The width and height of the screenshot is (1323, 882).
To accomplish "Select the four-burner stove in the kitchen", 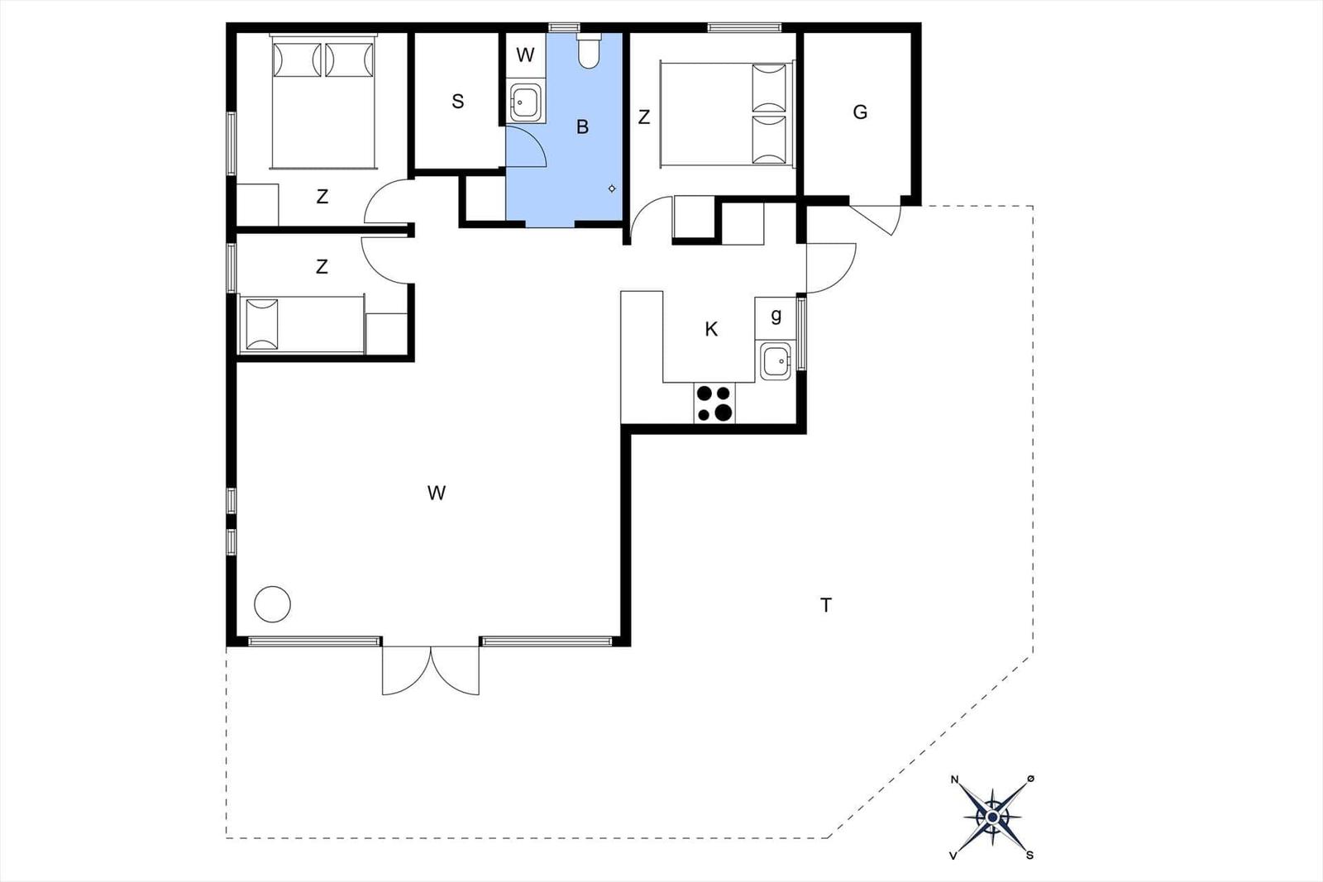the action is (x=714, y=403).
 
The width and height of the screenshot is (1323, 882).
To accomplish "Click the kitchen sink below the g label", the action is (x=775, y=360).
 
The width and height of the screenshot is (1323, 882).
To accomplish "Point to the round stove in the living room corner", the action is (x=272, y=604).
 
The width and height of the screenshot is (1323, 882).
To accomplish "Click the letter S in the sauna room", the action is (x=458, y=102).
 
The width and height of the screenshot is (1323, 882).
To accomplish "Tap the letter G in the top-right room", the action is (x=860, y=112).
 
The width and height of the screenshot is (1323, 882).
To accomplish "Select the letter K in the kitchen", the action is (x=711, y=329).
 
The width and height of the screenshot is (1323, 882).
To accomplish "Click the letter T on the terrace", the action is (x=826, y=605).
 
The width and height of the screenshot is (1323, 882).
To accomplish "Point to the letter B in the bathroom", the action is (x=582, y=126).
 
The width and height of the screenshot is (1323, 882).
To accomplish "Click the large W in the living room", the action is (x=437, y=493).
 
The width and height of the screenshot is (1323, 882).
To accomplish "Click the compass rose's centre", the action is (x=993, y=817).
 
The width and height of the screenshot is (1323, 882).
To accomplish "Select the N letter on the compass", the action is (x=954, y=779).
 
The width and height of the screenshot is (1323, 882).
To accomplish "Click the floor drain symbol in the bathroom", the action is (x=612, y=189).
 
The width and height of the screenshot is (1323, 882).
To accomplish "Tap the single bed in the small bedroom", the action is (x=302, y=324).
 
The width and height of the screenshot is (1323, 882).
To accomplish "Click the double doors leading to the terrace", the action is (x=431, y=670).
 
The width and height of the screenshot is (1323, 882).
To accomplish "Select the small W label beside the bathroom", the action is (x=525, y=55).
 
